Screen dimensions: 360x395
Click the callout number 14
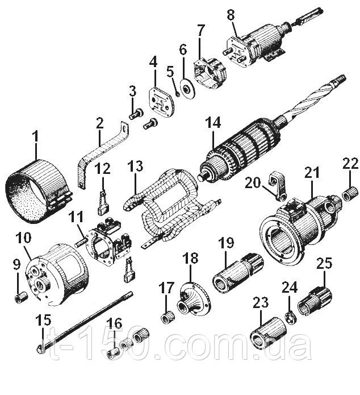[213, 123]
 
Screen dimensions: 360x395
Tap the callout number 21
[312, 173]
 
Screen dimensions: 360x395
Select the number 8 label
[231, 15]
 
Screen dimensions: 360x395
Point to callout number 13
[135, 167]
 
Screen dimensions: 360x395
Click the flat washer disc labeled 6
[187, 89]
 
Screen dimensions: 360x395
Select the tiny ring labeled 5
[178, 94]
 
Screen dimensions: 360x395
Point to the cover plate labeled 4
[161, 103]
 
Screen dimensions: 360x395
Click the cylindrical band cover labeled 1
[38, 191]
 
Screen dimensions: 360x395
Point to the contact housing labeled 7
[210, 73]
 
